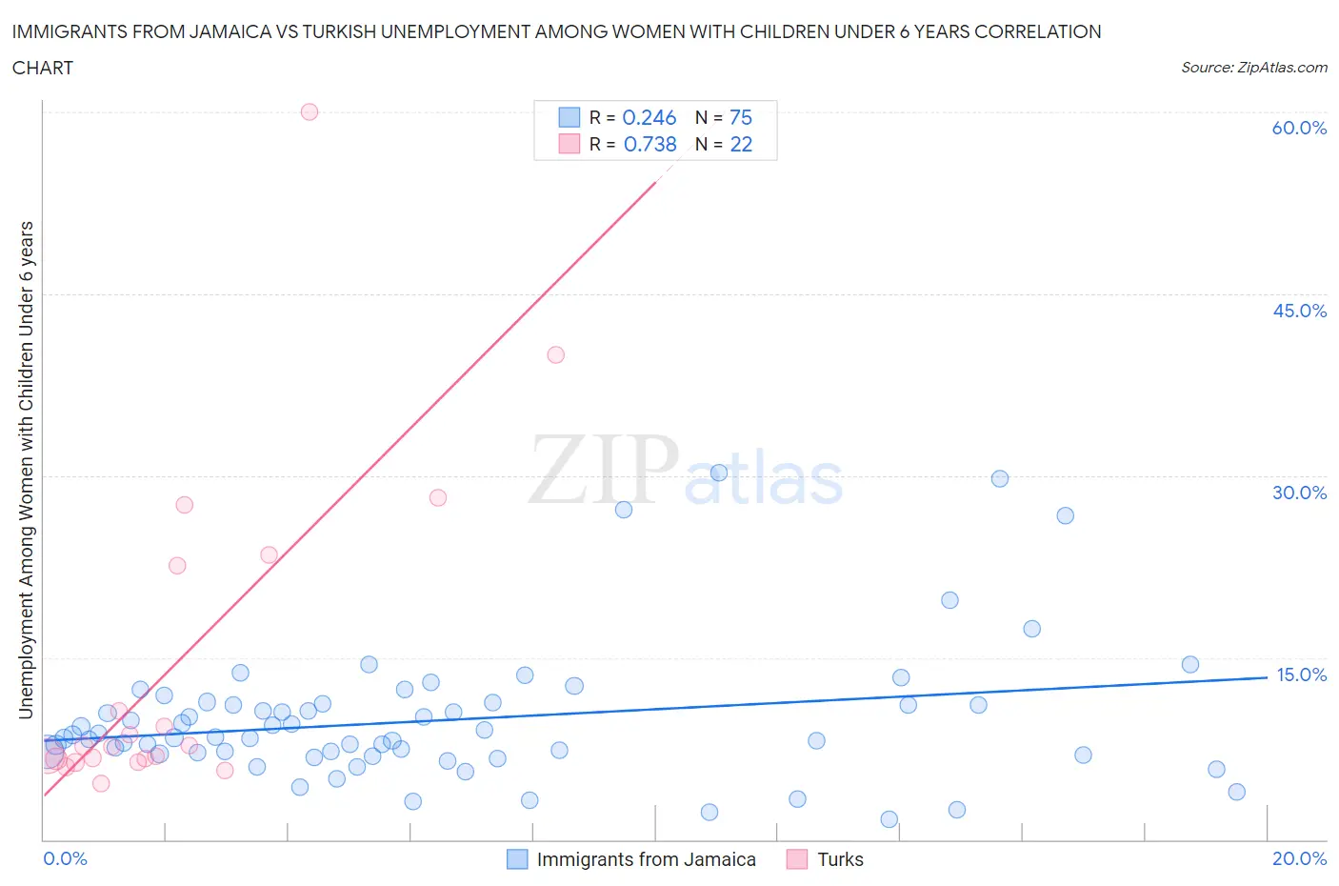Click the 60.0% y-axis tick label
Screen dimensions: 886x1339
pyautogui.click(x=1299, y=128)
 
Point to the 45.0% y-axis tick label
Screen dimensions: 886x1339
pyautogui.click(x=1299, y=311)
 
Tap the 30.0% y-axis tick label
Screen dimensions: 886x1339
pyautogui.click(x=1299, y=493)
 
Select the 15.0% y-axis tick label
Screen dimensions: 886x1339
pyautogui.click(x=1301, y=675)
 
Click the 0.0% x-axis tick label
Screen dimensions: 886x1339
pyautogui.click(x=65, y=858)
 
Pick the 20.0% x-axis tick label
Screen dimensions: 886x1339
pyautogui.click(x=1299, y=858)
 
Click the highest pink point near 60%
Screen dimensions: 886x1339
pyautogui.click(x=310, y=111)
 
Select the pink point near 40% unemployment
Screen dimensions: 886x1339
pyautogui.click(x=556, y=354)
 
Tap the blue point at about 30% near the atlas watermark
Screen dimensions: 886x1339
pyautogui.click(x=719, y=473)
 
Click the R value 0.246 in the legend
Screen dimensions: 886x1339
pyautogui.click(x=649, y=117)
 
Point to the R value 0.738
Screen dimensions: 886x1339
pyautogui.click(x=650, y=144)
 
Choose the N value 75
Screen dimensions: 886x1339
pyautogui.click(x=740, y=117)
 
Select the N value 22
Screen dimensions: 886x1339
pyautogui.click(x=740, y=144)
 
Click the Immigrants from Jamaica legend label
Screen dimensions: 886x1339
pyautogui.click(x=646, y=859)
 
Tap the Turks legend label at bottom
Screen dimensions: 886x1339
pyautogui.click(x=840, y=859)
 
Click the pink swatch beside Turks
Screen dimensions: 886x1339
pyautogui.click(x=797, y=859)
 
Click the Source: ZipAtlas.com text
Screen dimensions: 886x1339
pyautogui.click(x=1253, y=67)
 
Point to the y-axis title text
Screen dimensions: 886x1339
pyautogui.click(x=26, y=470)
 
